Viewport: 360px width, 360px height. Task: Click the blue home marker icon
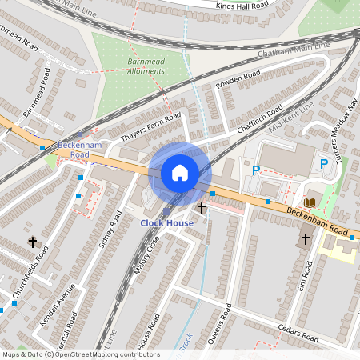click(180, 172)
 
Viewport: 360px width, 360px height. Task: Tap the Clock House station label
click(167, 222)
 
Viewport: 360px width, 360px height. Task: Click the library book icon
click(309, 202)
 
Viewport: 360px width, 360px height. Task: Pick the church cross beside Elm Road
click(305, 238)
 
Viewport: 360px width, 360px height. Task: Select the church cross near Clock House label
click(201, 208)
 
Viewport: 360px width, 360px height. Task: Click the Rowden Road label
click(238, 80)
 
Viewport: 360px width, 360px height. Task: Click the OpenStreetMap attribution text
click(80, 354)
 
